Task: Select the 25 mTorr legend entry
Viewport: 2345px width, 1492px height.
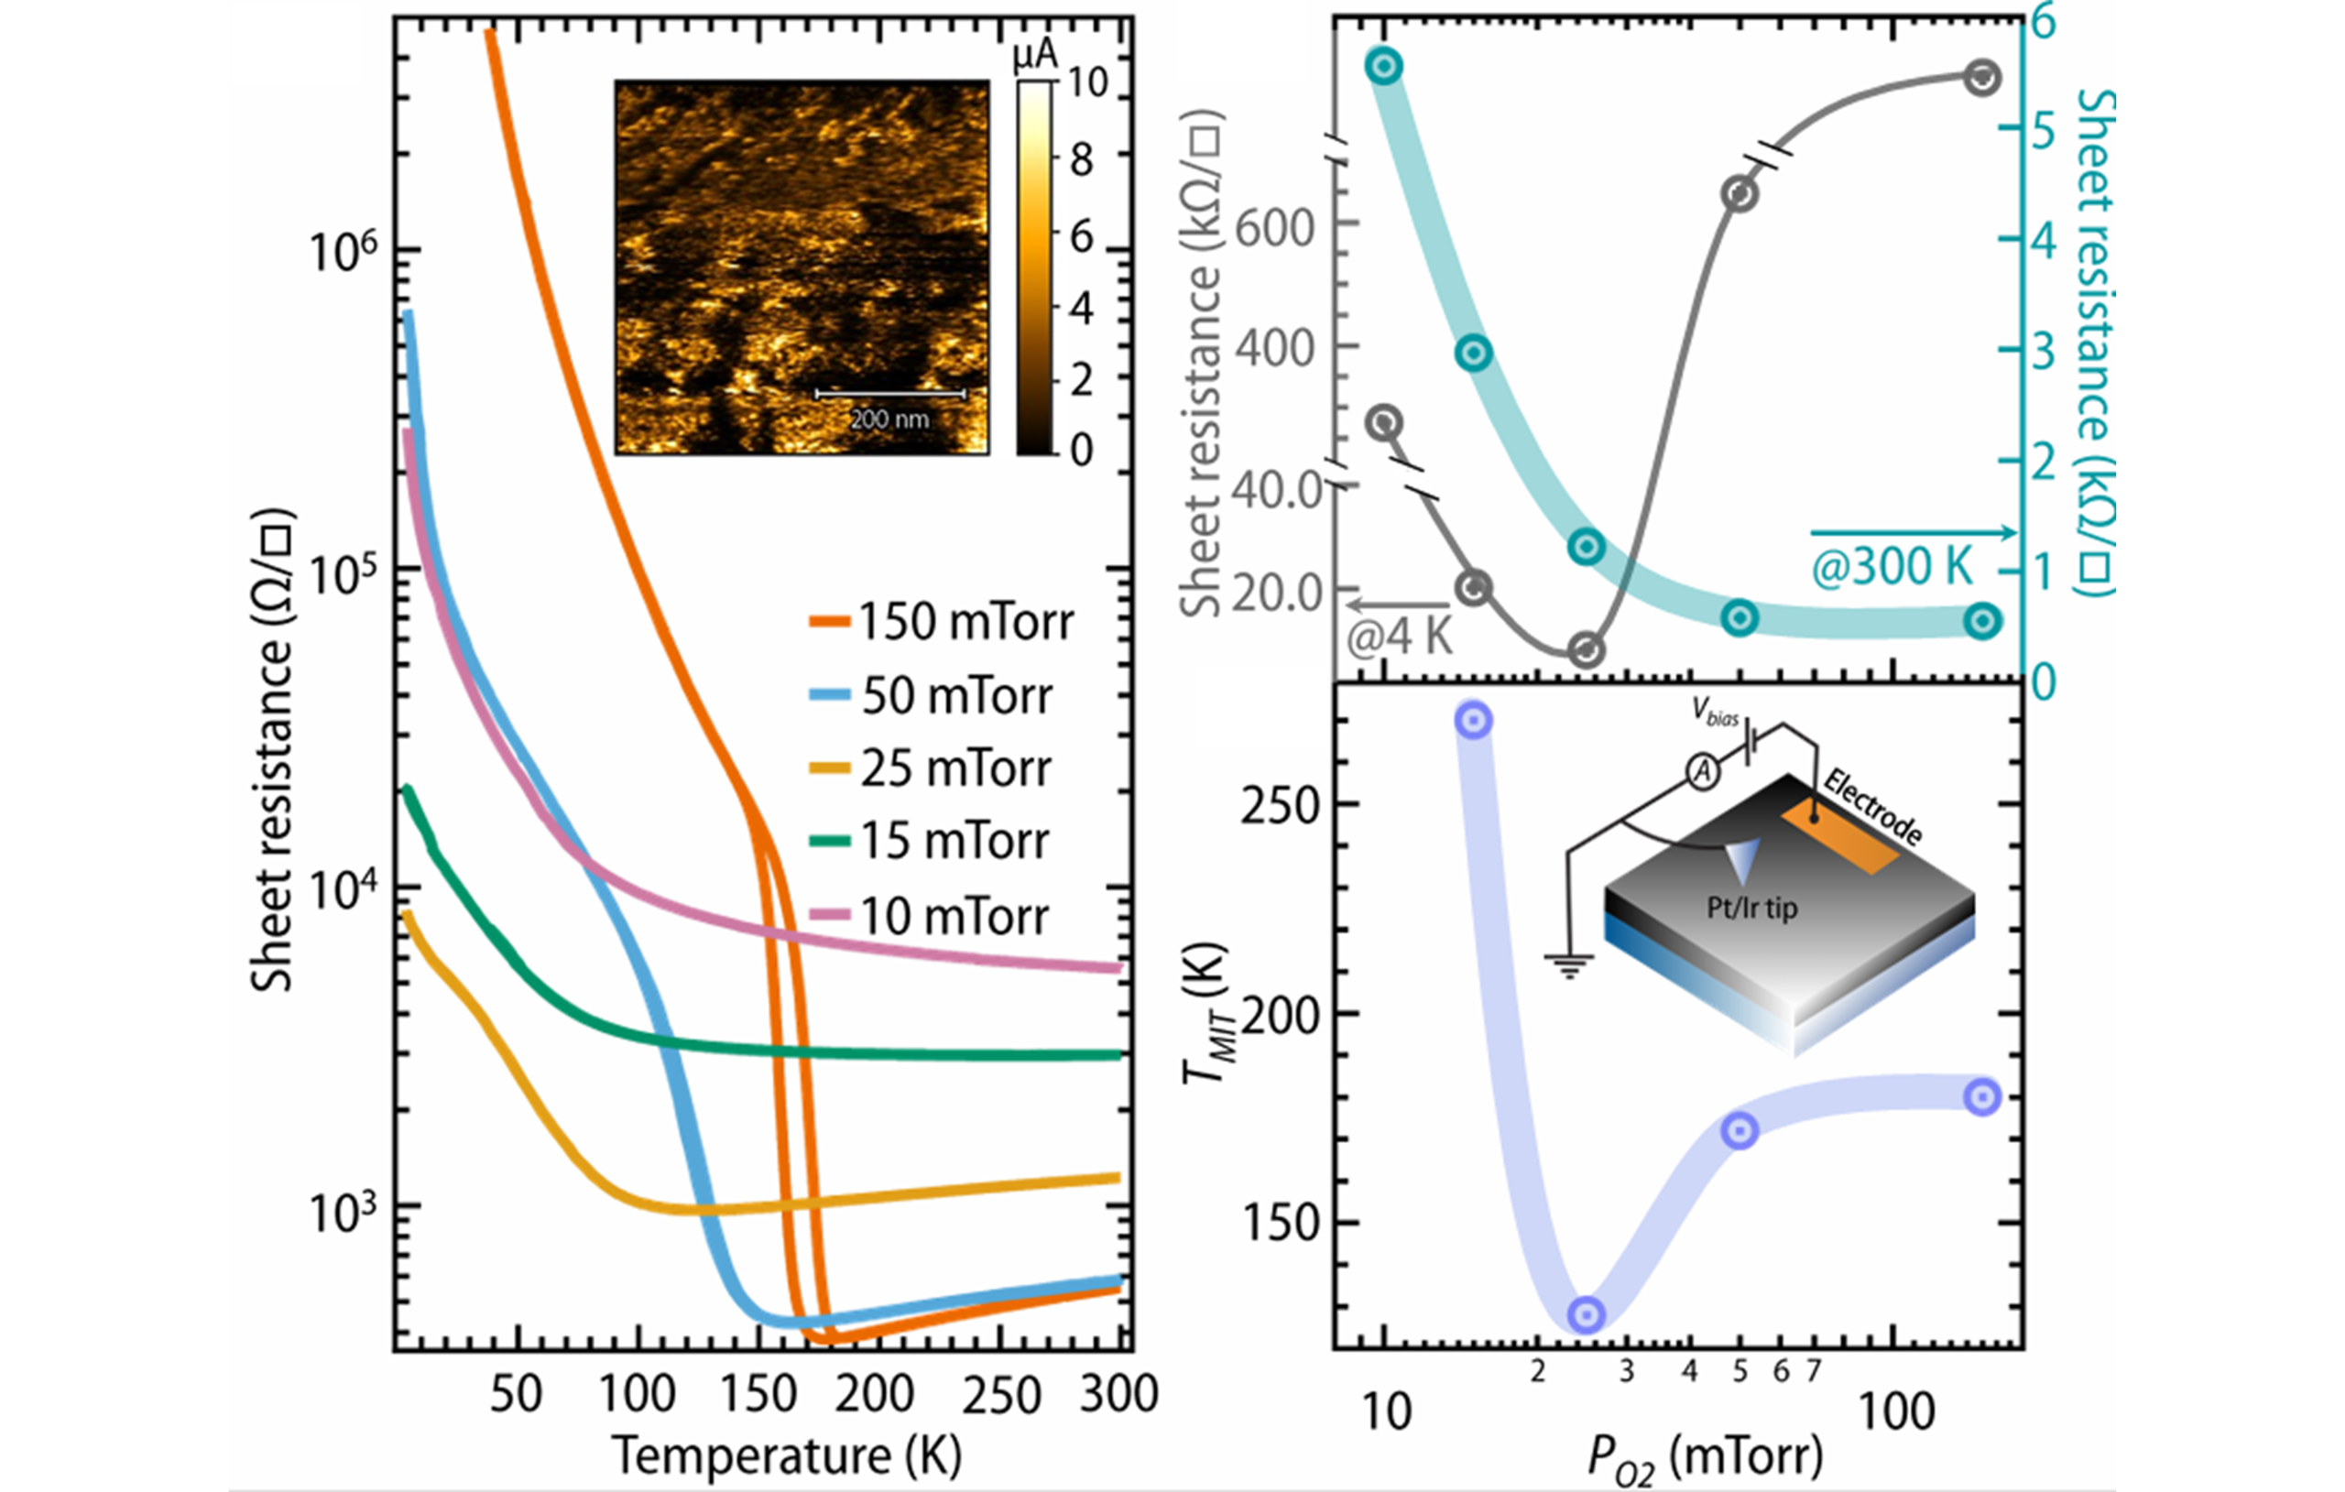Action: click(x=930, y=768)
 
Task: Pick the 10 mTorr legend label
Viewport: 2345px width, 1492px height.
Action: click(x=929, y=916)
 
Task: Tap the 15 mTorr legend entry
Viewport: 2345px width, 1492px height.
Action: click(x=930, y=841)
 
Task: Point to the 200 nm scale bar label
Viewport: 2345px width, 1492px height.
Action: click(x=889, y=419)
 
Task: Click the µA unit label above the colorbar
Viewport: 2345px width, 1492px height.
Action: click(x=1035, y=57)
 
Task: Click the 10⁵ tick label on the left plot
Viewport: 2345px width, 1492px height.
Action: click(x=342, y=572)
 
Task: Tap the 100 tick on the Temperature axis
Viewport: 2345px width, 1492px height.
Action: click(x=637, y=1394)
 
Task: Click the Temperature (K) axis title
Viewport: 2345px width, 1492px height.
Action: click(x=787, y=1457)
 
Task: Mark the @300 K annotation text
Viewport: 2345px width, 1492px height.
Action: click(x=1892, y=567)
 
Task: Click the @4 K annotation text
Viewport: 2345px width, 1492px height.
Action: click(x=1400, y=637)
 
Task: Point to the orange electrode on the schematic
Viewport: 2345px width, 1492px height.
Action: click(x=1840, y=841)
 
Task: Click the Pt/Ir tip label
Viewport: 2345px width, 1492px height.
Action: click(x=1752, y=909)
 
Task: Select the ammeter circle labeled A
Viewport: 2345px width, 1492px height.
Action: click(x=1702, y=772)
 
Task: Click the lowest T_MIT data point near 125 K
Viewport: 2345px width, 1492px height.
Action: click(x=1587, y=1314)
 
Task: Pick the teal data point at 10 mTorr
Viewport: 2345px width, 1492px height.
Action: click(x=1384, y=66)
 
